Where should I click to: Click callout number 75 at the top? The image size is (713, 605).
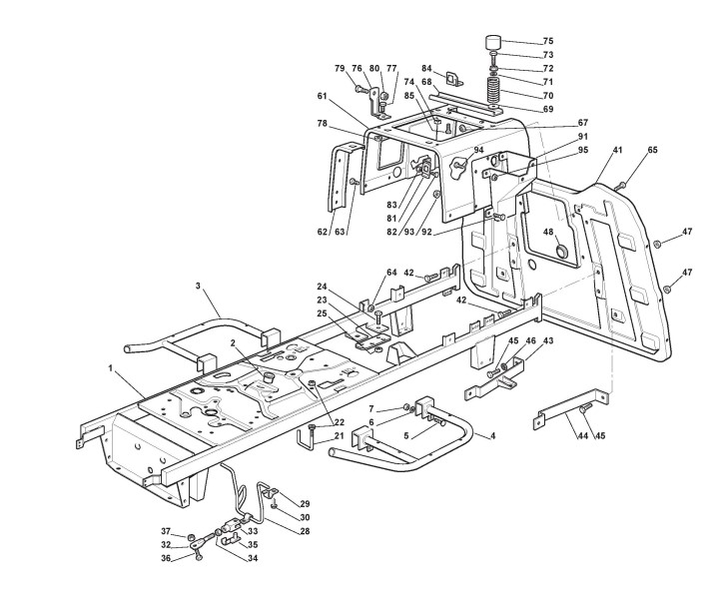click(547, 41)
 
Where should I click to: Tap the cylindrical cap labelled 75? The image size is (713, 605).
click(493, 44)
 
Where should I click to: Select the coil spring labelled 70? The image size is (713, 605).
click(492, 90)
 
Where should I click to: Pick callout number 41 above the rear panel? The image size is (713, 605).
click(618, 150)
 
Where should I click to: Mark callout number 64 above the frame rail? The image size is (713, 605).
click(391, 272)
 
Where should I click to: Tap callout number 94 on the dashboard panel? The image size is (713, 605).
click(479, 150)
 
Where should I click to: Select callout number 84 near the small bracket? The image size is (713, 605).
click(425, 69)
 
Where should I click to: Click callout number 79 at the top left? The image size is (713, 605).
click(341, 69)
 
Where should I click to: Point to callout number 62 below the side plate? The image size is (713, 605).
click(323, 231)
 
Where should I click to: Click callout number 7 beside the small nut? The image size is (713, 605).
click(371, 408)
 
